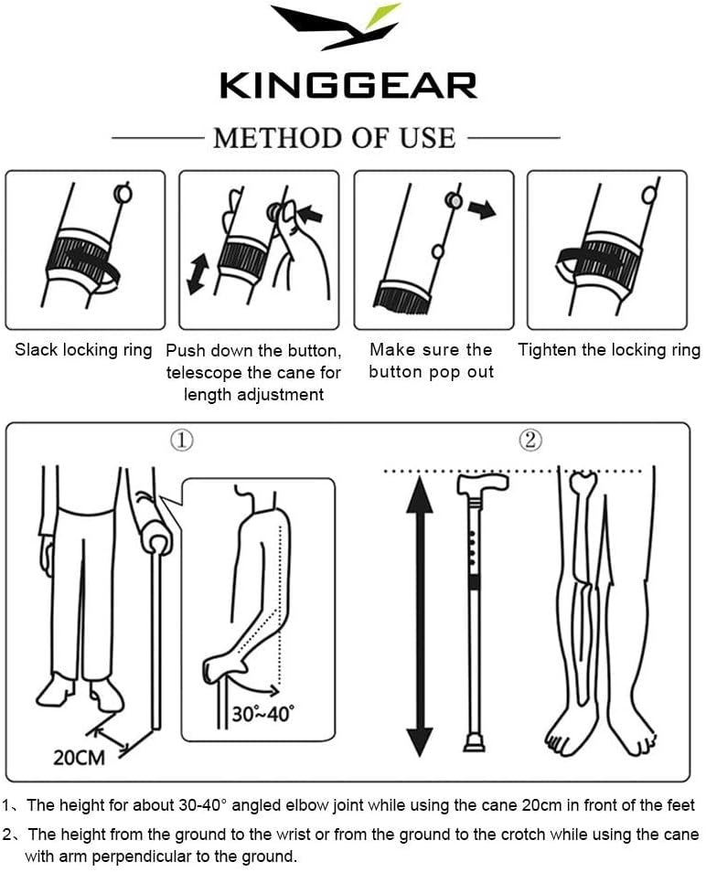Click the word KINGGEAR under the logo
point(348,86)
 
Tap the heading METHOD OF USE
point(335,138)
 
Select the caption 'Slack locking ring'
point(83,350)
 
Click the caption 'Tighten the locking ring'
point(609,350)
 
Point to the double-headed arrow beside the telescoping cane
point(198,273)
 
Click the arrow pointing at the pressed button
point(310,213)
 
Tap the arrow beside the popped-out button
point(482,209)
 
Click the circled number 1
point(182,441)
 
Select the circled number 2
point(530,440)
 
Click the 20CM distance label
point(79,758)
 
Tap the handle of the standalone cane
point(483,484)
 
